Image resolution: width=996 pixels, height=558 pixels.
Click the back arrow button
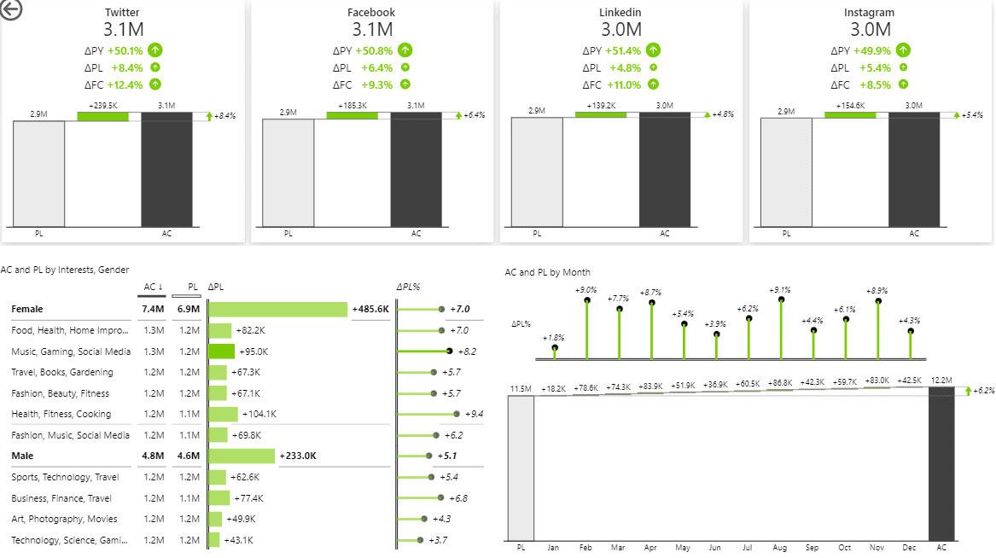(x=12, y=9)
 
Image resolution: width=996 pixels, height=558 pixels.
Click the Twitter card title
(x=122, y=13)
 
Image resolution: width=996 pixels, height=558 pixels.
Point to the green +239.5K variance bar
(x=102, y=115)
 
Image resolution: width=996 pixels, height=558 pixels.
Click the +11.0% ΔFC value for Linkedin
(x=623, y=84)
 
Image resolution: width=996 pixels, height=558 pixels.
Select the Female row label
(x=27, y=309)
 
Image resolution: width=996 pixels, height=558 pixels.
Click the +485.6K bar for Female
(x=278, y=309)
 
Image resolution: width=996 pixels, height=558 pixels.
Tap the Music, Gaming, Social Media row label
(x=71, y=352)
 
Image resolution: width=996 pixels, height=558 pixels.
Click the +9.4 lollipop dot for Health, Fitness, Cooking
(x=457, y=414)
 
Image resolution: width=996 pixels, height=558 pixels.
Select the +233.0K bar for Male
(x=242, y=456)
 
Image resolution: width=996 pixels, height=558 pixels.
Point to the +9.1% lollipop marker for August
(x=781, y=299)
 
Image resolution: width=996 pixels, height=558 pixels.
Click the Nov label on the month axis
(x=877, y=548)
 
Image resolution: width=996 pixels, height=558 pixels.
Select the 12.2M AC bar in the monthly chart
(x=941, y=465)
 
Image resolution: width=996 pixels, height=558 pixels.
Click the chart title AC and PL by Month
(x=547, y=272)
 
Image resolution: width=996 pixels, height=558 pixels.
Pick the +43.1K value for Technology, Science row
(x=238, y=540)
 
